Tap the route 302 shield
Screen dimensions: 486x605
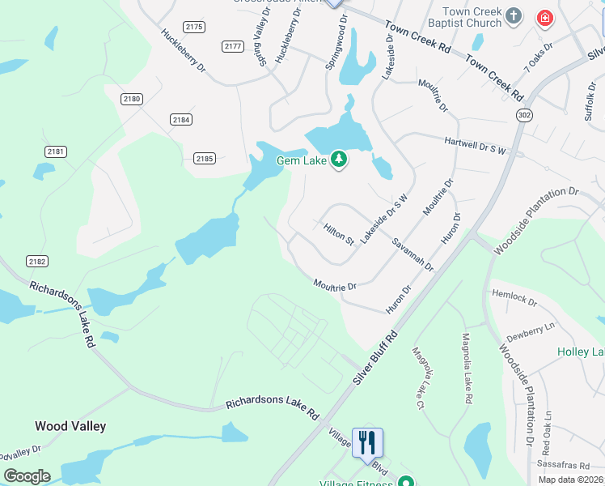526,115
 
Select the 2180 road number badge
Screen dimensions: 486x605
132,99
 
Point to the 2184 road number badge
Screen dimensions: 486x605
181,119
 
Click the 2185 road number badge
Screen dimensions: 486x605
205,159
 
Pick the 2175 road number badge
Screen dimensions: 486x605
194,27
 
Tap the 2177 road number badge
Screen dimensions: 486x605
233,46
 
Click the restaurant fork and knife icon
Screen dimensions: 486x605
367,442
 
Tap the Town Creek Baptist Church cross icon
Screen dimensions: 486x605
513,15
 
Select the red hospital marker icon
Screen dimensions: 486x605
545,17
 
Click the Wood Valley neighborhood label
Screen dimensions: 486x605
70,425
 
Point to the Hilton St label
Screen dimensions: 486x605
339,235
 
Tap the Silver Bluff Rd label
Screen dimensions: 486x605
376,357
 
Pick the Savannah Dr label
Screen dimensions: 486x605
412,254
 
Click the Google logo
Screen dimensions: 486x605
27,475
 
